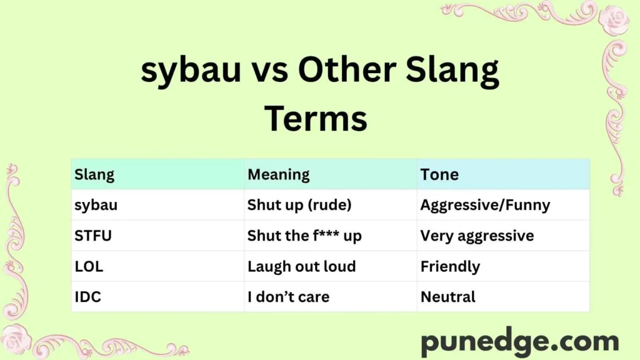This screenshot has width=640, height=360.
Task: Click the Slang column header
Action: pos(94,174)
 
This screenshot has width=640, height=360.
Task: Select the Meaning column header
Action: pos(278,174)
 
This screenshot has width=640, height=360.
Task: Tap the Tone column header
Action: pos(439,174)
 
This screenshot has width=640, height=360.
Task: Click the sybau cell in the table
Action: pos(96,205)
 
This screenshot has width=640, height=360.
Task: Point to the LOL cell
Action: pos(89,266)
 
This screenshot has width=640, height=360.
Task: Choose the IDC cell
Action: pos(87,297)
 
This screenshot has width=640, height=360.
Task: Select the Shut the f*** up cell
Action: pos(304,236)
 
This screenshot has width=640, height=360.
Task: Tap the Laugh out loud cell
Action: pos(301,266)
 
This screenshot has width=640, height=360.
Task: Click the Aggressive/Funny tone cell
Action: pos(485,205)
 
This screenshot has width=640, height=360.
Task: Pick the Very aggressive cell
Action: pos(477,236)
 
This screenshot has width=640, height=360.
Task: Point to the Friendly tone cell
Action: pos(450,266)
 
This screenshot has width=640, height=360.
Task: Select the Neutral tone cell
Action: pos(447,297)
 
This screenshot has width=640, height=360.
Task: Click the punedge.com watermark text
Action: pos(519,342)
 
